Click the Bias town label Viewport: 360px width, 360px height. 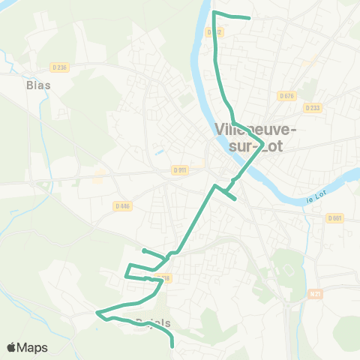[x=38, y=85]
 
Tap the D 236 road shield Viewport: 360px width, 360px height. [x=61, y=67]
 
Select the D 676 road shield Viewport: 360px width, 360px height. [x=286, y=95]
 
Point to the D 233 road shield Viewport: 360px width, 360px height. [x=312, y=107]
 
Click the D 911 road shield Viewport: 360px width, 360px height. [x=178, y=169]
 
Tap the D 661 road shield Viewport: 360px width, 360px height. [x=334, y=218]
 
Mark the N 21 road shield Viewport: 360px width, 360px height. [x=314, y=294]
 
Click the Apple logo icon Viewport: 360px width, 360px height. [x=11, y=347]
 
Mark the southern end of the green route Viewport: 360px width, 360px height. [x=172, y=346]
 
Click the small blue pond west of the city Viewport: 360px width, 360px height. [x=158, y=151]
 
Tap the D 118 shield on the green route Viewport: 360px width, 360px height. [x=165, y=278]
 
